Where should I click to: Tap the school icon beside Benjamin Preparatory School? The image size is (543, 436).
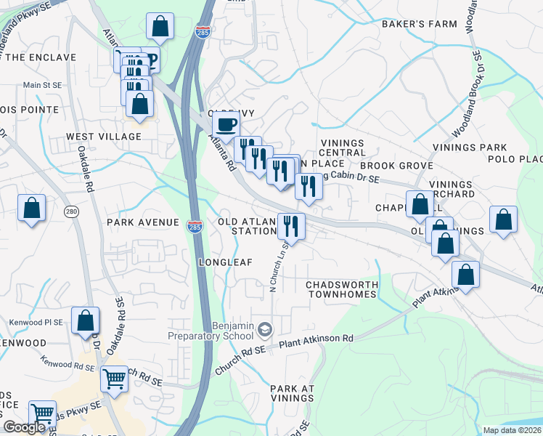click(264, 331)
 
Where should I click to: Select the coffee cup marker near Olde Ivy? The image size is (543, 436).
click(226, 124)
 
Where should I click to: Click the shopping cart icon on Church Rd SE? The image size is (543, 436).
click(114, 378)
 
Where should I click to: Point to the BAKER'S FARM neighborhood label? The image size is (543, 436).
click(420, 24)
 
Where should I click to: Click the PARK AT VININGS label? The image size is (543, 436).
click(292, 394)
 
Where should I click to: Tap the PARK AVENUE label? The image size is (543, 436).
click(142, 222)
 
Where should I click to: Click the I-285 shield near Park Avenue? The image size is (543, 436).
click(194, 226)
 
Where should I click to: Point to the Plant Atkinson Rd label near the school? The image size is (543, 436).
click(317, 339)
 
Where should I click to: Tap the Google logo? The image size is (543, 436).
click(24, 427)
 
